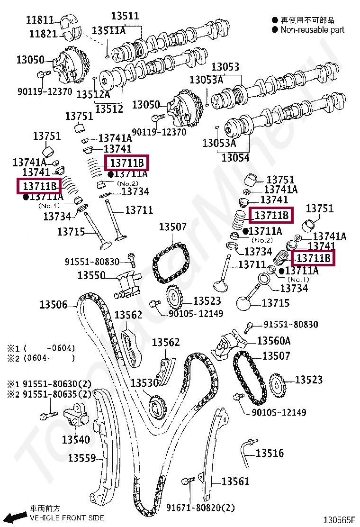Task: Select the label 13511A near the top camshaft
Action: [108, 31]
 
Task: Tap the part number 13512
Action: [109, 109]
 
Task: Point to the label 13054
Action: [235, 157]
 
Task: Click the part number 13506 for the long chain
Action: [53, 304]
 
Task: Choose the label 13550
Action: [91, 275]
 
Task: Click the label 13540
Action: [76, 440]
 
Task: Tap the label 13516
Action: [270, 453]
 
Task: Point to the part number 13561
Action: [235, 482]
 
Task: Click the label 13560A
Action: [274, 341]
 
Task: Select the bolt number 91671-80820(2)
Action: [200, 508]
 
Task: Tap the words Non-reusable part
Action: [313, 29]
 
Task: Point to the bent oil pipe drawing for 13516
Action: [246, 453]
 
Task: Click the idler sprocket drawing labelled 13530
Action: [157, 407]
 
